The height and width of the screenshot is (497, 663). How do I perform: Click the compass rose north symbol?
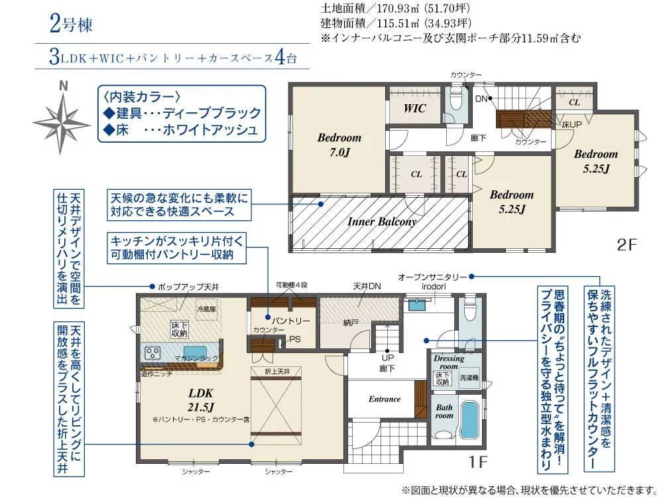click(x=62, y=119)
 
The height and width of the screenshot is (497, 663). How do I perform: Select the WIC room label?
click(x=415, y=108)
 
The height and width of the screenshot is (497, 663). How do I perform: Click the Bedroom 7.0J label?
click(x=339, y=145)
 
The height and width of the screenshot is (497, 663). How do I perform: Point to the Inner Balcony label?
click(x=382, y=222)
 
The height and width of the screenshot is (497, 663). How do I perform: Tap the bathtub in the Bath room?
click(x=469, y=421)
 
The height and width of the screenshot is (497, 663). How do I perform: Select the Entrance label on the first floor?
click(x=385, y=399)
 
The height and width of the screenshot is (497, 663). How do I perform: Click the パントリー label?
click(x=290, y=320)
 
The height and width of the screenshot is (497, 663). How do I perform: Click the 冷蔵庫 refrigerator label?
click(x=206, y=309)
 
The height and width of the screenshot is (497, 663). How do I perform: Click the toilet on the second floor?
click(x=455, y=101)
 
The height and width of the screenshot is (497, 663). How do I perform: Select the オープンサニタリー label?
click(x=428, y=276)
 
